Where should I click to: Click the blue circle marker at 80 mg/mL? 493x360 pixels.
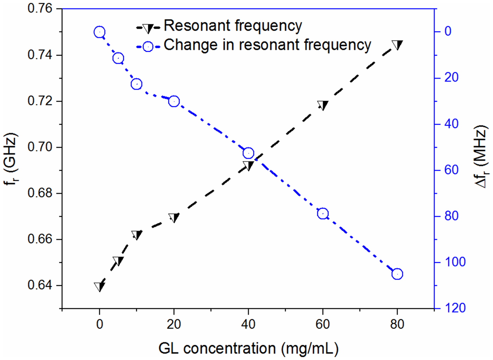click(x=397, y=274)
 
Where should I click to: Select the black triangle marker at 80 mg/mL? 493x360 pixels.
click(x=397, y=45)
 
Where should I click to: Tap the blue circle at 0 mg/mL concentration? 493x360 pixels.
click(x=100, y=32)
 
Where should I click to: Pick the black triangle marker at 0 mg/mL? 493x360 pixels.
click(x=100, y=286)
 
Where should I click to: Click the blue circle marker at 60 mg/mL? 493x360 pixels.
click(x=323, y=214)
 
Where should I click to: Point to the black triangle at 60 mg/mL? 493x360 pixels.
click(x=323, y=105)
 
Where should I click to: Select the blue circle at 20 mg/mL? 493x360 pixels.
click(x=174, y=101)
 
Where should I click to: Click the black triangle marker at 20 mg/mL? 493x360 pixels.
click(x=174, y=217)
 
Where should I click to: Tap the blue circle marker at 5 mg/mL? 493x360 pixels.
click(x=118, y=58)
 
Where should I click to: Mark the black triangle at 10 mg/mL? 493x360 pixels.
click(x=137, y=235)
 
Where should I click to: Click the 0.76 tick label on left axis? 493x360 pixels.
click(x=40, y=8)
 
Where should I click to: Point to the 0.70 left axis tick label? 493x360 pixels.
click(x=40, y=147)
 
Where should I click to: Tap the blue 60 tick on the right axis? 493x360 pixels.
click(x=451, y=170)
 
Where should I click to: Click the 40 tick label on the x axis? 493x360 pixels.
click(x=248, y=324)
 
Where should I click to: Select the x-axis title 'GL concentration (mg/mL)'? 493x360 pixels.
click(x=248, y=348)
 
